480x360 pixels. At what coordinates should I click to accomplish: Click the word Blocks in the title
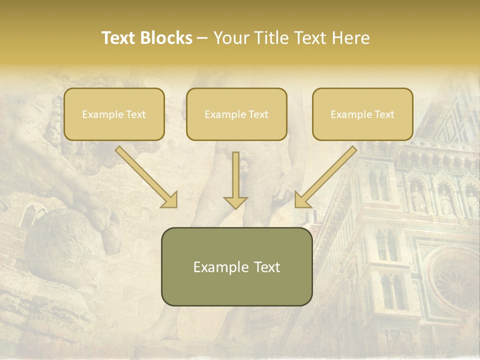(166, 38)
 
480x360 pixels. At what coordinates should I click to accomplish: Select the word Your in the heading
(230, 38)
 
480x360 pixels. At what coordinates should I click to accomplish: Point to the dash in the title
(202, 38)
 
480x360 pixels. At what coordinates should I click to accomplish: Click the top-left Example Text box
(114, 114)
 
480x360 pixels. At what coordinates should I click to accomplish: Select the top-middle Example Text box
(236, 114)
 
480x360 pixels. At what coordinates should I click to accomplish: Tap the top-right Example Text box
(362, 114)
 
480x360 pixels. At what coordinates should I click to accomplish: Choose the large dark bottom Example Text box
(236, 266)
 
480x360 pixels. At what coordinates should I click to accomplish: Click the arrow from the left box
(145, 176)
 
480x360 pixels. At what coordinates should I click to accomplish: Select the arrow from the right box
(327, 176)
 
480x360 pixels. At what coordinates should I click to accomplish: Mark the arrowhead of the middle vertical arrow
(235, 201)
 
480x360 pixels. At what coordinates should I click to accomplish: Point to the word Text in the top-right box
(384, 114)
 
